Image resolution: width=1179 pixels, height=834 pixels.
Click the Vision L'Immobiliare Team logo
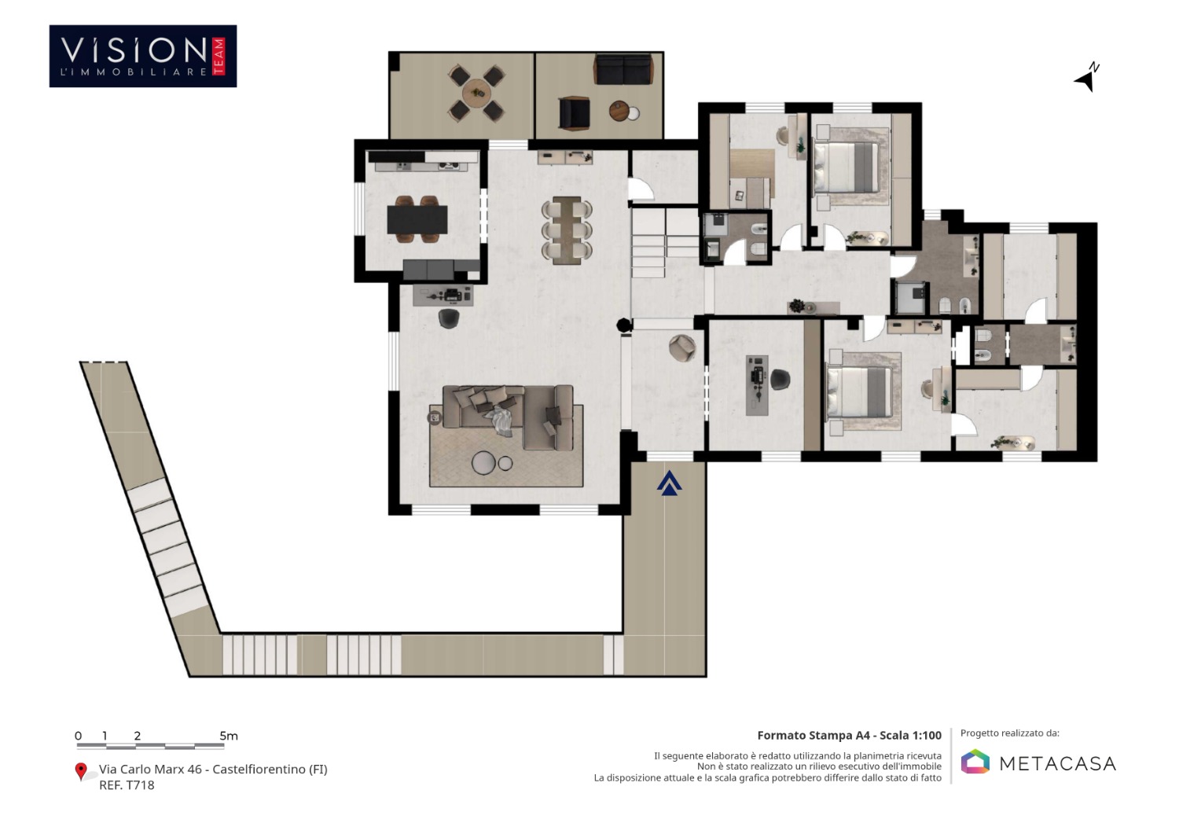point(143,57)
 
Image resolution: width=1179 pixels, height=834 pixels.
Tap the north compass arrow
point(1086,78)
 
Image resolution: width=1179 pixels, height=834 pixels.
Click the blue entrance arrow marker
point(669,483)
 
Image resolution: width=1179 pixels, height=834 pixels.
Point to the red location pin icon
point(81,771)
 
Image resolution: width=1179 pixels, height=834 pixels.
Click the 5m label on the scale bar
point(229,736)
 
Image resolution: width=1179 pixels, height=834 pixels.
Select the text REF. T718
point(127,785)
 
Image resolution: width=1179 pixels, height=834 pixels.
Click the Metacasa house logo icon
point(975,762)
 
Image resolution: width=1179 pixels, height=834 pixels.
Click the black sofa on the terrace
point(624,69)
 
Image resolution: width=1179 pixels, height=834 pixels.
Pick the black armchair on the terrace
point(575,112)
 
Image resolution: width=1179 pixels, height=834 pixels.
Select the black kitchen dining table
point(417,219)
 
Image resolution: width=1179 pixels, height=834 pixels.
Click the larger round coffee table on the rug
point(483,463)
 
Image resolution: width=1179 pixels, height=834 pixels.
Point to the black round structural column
point(624,325)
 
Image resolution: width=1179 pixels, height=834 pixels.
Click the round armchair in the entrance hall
point(683,348)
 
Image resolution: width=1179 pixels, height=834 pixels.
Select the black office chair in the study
point(780,380)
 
